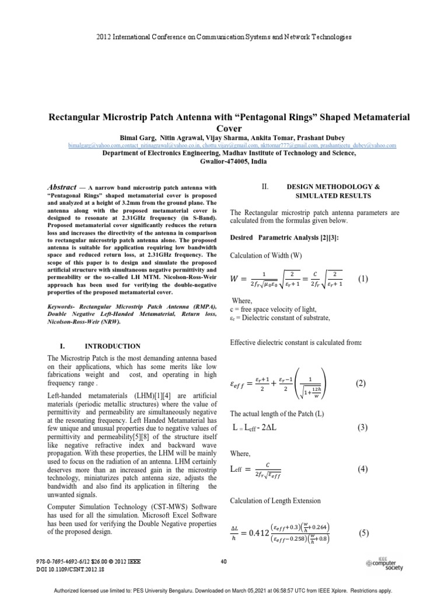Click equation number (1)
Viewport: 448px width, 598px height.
pos(363,279)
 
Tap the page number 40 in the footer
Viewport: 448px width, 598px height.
pos(223,562)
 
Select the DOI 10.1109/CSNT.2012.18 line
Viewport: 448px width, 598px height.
pos(70,569)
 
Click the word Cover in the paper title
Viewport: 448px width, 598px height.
pos(223,128)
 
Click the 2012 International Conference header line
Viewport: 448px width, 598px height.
pos(223,37)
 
